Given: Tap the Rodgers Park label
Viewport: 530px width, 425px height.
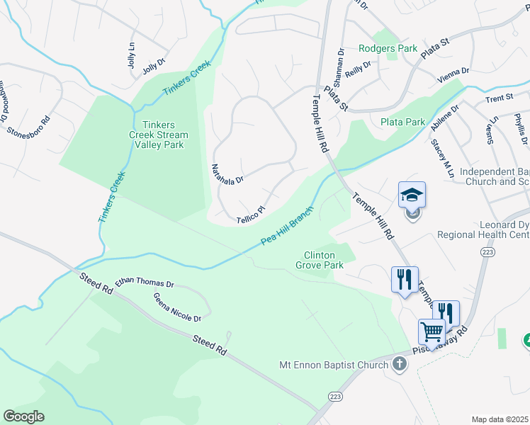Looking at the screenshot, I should coord(388,49).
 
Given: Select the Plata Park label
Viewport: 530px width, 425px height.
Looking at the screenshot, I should coord(402,122).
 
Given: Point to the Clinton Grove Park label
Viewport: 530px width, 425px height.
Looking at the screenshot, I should coord(323,260).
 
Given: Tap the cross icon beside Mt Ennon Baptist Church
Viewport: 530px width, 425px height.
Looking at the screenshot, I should coord(400,365).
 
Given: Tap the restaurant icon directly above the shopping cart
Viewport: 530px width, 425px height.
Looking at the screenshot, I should coord(446,312).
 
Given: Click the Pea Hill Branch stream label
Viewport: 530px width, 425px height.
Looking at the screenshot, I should coord(287,231).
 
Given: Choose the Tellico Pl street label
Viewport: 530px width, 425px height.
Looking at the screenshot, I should coord(250,211).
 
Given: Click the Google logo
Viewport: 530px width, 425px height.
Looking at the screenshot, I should coord(23,416).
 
